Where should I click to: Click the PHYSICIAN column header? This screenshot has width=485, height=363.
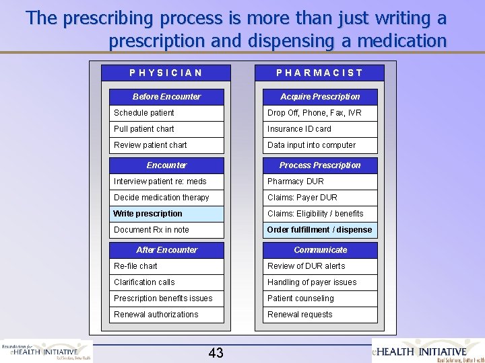(x=166, y=73)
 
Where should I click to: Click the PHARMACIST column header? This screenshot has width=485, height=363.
(x=319, y=73)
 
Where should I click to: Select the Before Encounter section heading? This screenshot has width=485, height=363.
(x=166, y=97)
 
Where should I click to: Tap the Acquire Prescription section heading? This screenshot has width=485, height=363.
(x=320, y=97)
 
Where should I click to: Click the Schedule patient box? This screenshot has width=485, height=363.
(x=166, y=113)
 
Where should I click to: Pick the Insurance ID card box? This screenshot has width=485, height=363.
(x=320, y=129)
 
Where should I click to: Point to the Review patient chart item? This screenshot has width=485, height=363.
(x=166, y=145)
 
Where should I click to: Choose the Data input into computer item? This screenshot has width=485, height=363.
(x=320, y=145)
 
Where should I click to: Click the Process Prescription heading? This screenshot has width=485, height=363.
(x=320, y=165)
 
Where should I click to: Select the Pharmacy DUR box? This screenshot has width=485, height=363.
(x=320, y=182)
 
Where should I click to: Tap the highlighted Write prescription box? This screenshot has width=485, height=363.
(x=166, y=214)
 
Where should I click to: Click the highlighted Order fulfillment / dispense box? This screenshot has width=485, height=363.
(x=320, y=230)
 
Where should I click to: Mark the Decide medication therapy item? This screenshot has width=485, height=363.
(x=166, y=198)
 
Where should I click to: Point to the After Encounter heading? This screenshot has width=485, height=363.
(x=166, y=250)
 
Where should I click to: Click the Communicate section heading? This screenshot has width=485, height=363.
(x=320, y=250)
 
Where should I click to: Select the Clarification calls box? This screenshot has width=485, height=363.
(x=166, y=282)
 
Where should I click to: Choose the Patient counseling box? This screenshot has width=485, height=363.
(x=320, y=298)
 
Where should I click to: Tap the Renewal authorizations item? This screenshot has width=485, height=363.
(x=166, y=315)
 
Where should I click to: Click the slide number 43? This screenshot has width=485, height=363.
(x=216, y=353)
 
